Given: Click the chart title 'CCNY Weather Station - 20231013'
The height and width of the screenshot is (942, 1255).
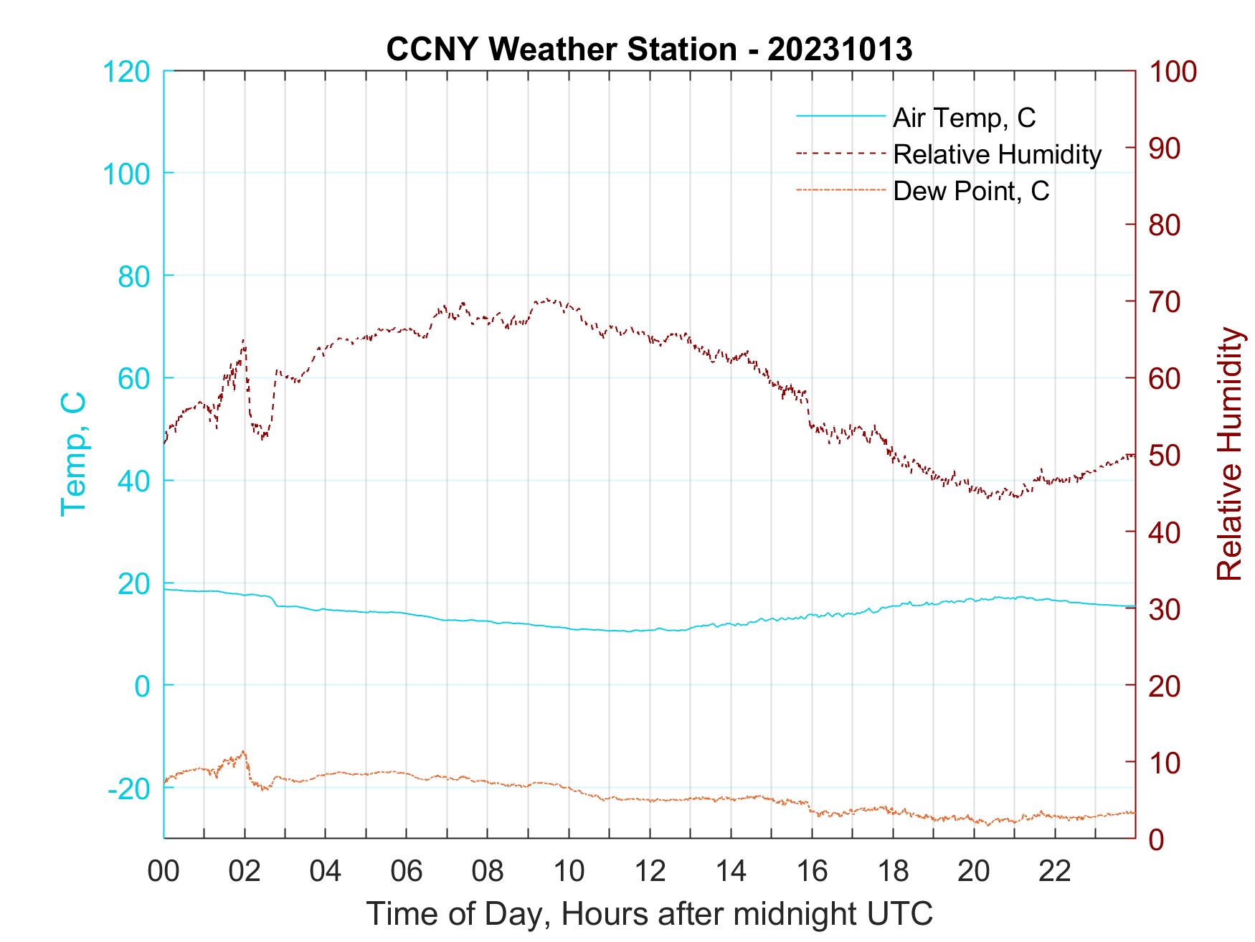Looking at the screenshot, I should [648, 50].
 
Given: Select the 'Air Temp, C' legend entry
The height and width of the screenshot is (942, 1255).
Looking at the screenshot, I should [964, 118].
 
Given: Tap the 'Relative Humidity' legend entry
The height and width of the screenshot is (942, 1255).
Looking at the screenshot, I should [997, 154].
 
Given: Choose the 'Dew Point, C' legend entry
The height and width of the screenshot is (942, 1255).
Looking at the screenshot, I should [971, 192].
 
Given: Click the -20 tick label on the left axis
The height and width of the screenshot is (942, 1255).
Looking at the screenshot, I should [129, 788].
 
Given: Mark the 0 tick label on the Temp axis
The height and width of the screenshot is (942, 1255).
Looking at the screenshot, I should [142, 686].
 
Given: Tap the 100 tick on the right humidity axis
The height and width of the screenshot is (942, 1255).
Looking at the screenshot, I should [1173, 72].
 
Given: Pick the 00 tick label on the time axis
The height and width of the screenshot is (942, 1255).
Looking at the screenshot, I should [164, 872].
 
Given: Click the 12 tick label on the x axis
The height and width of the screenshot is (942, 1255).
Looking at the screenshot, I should [650, 872].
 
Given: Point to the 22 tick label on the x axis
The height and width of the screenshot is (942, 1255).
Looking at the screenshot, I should [1055, 872].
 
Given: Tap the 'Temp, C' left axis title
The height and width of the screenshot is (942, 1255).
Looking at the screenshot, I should [73, 453].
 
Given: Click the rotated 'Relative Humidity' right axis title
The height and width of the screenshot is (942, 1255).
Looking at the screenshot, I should [1229, 453].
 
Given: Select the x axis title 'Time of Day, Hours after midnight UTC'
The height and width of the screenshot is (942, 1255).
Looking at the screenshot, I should [650, 914].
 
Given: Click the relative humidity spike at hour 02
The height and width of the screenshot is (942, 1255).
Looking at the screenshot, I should [244, 342].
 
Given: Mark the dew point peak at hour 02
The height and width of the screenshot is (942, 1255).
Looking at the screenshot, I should [244, 751].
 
